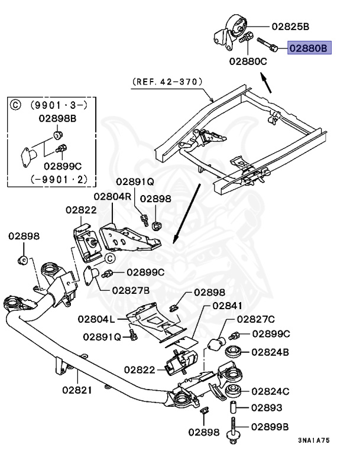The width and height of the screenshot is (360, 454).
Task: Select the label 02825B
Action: tap(290, 27)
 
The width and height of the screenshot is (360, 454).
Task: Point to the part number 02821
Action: tap(77, 390)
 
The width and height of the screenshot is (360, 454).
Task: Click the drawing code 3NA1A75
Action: tap(314, 440)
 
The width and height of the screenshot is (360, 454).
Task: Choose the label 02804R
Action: tap(112, 196)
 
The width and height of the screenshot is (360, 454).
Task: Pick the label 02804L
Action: tap(96, 319)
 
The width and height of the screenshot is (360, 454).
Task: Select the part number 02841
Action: tap(228, 306)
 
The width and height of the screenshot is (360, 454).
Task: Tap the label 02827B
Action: tap(130, 290)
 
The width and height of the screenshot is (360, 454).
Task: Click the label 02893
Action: tap(267, 408)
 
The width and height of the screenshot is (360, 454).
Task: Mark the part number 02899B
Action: tap(270, 426)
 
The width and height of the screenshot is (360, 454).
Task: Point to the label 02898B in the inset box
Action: tap(57, 118)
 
